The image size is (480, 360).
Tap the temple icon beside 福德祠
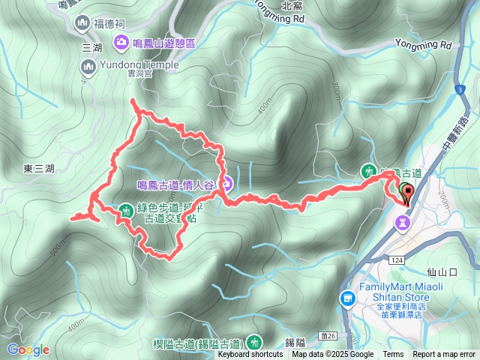coord(82,24)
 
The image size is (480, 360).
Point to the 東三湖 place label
coord(39,169)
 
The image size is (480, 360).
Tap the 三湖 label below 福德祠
coord(91,47)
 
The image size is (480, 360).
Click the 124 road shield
coord(396,259)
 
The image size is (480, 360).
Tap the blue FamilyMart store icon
coord(348,298)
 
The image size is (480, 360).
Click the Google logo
coord(28,349)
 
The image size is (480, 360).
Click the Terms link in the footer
coord(393,355)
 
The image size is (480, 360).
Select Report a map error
coord(444,355)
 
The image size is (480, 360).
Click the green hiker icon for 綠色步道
coord(126,209)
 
